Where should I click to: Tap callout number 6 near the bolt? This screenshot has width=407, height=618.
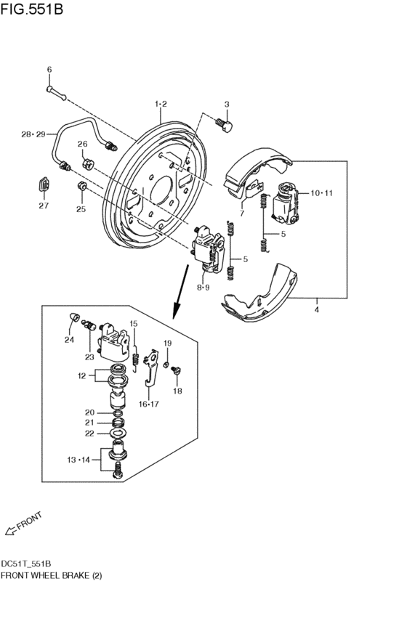click(x=49, y=70)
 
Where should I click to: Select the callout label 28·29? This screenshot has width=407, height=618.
click(x=33, y=134)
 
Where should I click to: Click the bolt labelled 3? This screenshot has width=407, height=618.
click(x=226, y=125)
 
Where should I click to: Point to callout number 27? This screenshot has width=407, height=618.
click(x=44, y=206)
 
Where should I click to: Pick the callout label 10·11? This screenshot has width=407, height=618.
click(x=321, y=193)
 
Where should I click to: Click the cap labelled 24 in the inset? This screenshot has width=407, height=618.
click(x=73, y=317)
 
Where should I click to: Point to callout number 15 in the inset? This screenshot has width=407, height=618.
click(x=133, y=324)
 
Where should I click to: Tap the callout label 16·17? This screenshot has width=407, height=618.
click(x=149, y=404)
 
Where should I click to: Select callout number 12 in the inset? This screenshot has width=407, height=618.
click(x=81, y=375)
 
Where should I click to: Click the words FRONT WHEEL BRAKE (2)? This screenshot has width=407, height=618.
click(x=50, y=575)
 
